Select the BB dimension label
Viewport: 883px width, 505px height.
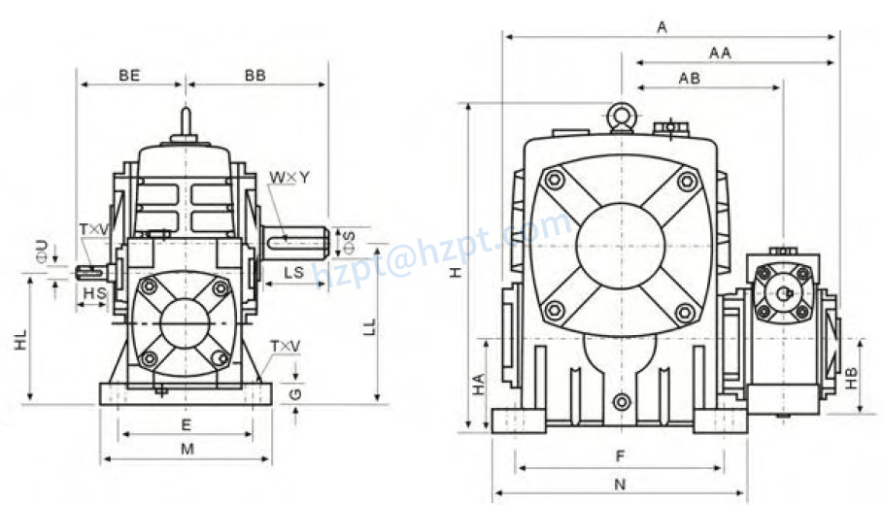tap(256, 75)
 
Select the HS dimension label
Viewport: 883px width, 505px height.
tap(94, 292)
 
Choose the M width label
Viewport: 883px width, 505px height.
tap(187, 449)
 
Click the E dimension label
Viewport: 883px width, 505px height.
tap(186, 424)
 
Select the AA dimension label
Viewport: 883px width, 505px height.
tap(720, 53)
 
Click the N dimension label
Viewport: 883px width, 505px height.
tap(619, 484)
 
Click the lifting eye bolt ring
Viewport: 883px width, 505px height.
tap(620, 118)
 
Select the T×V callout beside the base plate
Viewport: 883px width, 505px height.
tap(286, 346)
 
